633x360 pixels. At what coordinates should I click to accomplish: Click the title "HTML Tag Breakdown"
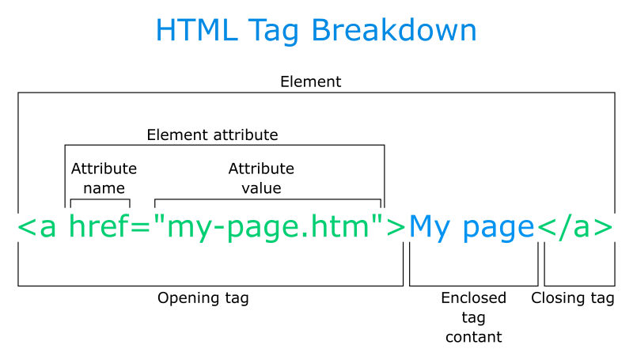pyautogui.click(x=316, y=31)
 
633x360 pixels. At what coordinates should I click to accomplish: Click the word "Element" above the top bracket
pyautogui.click(x=311, y=81)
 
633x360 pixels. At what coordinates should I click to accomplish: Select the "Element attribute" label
pyautogui.click(x=212, y=135)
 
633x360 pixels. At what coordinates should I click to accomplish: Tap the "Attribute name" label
pyautogui.click(x=104, y=178)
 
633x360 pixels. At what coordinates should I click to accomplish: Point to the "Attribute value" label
pyautogui.click(x=261, y=178)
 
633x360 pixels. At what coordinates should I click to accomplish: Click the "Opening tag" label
pyautogui.click(x=203, y=298)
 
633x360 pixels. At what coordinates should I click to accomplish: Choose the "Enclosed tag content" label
pyautogui.click(x=473, y=317)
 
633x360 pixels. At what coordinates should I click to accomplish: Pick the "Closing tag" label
pyautogui.click(x=573, y=298)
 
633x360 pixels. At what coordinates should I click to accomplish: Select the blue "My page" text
pyautogui.click(x=472, y=228)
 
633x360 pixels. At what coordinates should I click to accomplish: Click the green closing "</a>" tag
pyautogui.click(x=575, y=228)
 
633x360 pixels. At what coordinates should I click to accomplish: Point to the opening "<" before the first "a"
pyautogui.click(x=25, y=228)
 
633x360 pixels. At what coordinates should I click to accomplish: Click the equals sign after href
pyautogui.click(x=140, y=228)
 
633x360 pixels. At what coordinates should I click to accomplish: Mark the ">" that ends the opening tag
pyautogui.click(x=396, y=228)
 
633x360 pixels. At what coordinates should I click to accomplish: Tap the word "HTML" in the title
pyautogui.click(x=191, y=31)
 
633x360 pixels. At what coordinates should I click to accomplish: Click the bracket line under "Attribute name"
pyautogui.click(x=100, y=199)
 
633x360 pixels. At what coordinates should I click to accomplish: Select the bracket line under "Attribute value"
pyautogui.click(x=268, y=199)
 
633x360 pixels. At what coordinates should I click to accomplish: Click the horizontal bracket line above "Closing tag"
pyautogui.click(x=579, y=286)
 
